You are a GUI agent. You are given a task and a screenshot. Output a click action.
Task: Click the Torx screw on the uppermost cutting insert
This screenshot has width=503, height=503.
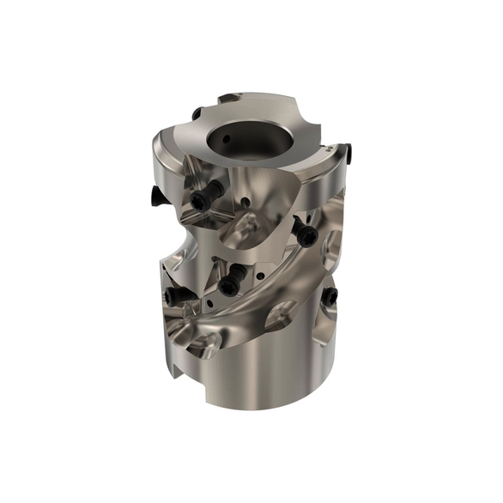click(x=201, y=201)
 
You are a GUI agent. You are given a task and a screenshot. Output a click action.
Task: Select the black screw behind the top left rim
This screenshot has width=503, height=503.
click(x=197, y=113)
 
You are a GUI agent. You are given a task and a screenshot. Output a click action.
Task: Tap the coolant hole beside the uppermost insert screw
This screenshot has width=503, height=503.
click(x=244, y=204)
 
